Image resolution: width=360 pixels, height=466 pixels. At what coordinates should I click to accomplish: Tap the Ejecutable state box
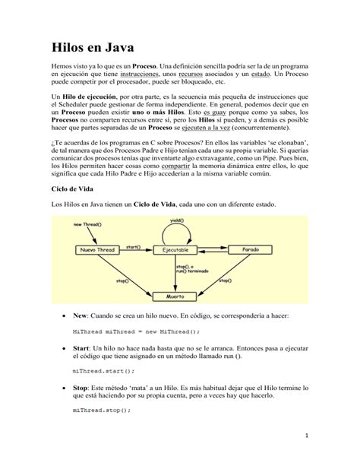175,249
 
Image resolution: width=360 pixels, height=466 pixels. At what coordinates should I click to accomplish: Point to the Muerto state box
175,295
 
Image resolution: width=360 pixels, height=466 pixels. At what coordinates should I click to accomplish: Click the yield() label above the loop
176,220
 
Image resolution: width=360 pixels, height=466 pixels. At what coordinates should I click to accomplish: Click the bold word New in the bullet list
81,314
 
